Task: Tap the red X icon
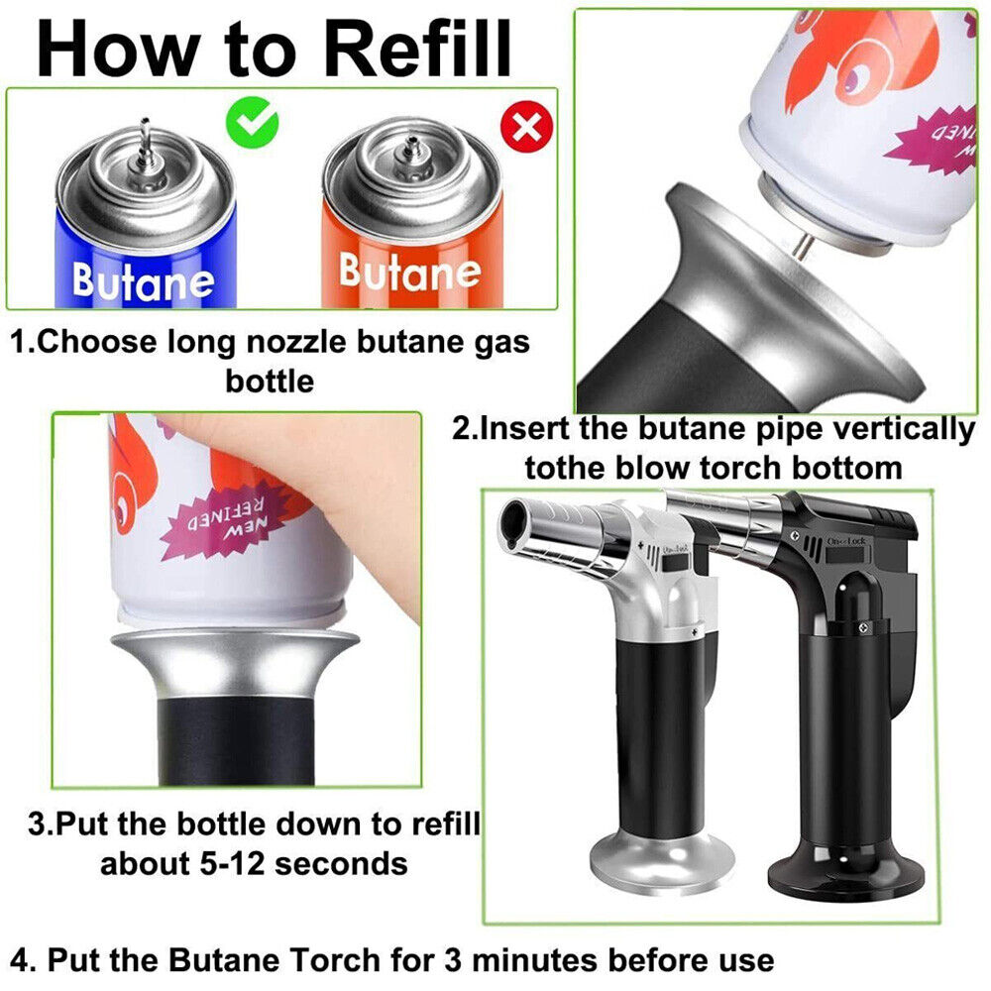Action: point(528,127)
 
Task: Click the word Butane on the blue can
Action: point(143,281)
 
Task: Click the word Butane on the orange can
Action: point(409,270)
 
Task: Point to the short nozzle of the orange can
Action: point(409,150)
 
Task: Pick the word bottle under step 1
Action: point(270,381)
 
